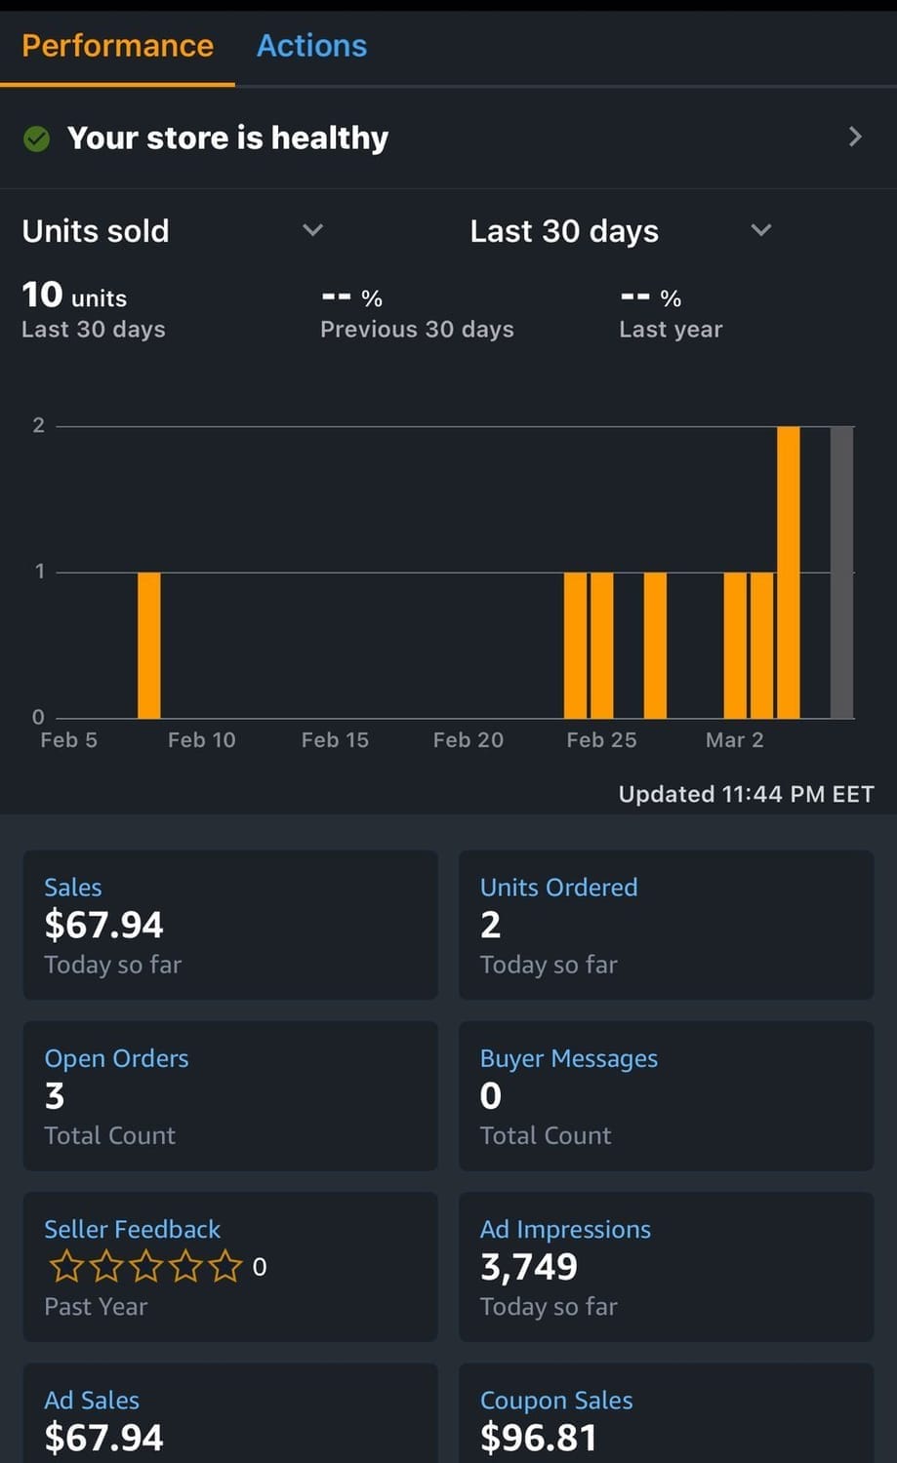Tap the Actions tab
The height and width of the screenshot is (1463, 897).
311,46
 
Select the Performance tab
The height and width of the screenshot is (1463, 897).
117,46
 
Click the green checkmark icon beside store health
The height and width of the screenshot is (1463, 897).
36,139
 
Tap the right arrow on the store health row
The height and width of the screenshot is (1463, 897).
855,137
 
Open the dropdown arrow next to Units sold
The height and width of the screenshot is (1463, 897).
312,230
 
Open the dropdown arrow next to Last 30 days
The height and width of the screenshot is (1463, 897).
760,230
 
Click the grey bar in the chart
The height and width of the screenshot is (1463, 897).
841,572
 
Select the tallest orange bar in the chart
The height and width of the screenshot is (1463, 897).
788,572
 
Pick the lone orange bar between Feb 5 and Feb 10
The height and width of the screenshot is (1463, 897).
148,645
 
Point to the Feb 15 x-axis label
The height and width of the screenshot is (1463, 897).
335,740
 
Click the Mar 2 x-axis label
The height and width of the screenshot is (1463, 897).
734,740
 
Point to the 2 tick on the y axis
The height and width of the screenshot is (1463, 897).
39,425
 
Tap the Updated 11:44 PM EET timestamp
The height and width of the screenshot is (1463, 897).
746,794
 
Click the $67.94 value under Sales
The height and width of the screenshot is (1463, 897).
103,925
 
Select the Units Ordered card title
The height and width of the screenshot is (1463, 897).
558,888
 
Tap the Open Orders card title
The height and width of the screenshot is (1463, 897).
116,1058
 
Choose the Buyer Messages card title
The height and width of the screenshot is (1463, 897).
568,1058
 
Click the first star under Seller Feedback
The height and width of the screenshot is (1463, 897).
66,1266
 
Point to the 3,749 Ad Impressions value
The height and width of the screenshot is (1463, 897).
528,1267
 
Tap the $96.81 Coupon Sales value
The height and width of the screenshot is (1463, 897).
538,1438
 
